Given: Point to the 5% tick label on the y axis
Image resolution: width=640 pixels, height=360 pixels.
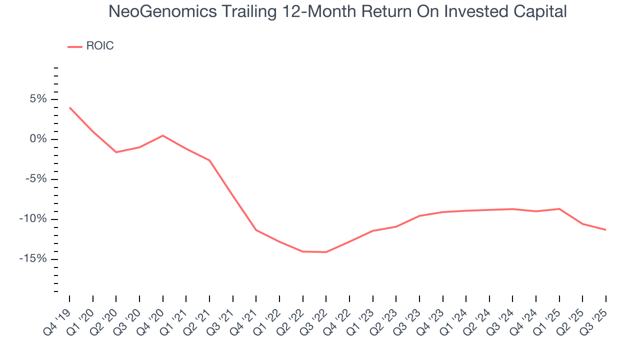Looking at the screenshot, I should click(38, 99).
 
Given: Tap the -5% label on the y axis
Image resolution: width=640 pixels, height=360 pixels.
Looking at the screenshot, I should click(36, 179).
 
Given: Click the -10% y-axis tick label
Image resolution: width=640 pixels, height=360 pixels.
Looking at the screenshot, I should click(33, 219).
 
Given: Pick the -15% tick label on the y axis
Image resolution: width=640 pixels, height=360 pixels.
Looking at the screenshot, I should click(33, 259).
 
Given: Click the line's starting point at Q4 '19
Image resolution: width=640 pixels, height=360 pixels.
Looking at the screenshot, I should click(69, 107).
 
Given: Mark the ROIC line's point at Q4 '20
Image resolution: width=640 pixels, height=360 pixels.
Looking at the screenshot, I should click(163, 135).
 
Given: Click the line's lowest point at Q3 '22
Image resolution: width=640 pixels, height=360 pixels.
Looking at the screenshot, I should click(326, 252).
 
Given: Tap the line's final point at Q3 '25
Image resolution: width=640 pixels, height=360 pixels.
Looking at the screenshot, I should click(605, 230).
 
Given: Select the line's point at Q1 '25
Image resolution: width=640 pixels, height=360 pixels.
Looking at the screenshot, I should click(559, 208).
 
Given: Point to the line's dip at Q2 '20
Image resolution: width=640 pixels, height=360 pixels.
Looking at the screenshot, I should click(116, 152).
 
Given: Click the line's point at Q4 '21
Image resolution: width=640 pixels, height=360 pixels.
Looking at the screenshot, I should click(256, 230).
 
